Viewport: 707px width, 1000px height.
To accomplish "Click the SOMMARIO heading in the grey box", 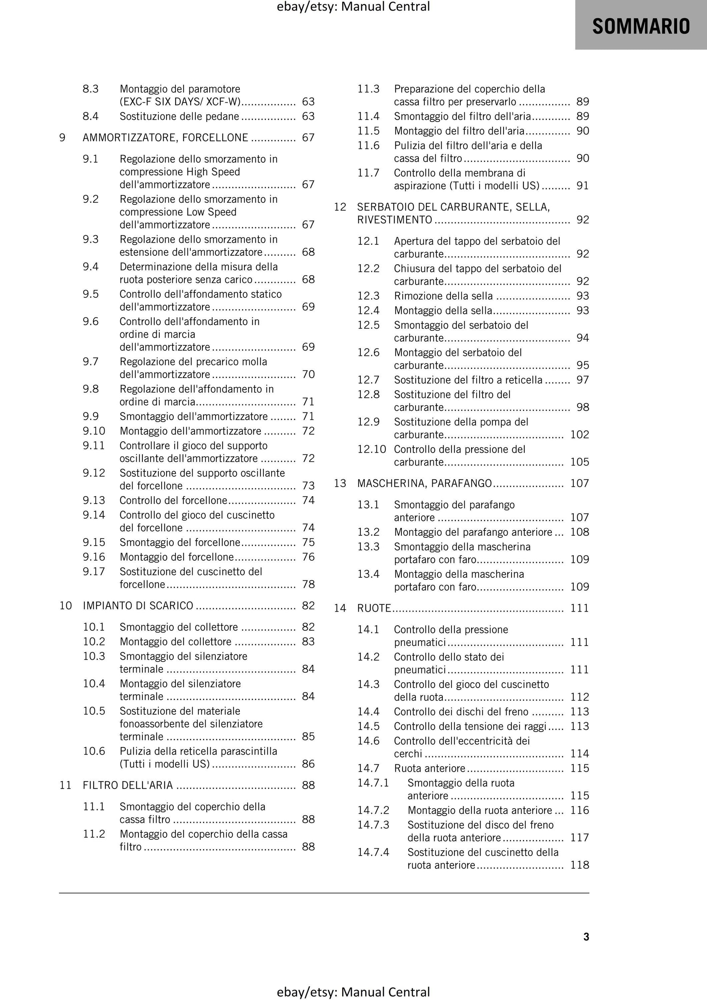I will (641, 26).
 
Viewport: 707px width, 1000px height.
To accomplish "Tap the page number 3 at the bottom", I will (586, 936).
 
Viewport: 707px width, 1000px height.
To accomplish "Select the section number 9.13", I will (94, 500).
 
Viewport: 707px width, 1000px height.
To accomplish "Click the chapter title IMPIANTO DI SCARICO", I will (138, 606).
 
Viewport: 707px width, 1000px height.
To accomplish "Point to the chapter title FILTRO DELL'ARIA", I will (128, 785).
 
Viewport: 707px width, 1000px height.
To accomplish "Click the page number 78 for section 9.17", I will (308, 585).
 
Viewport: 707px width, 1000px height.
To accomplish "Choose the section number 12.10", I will (371, 450).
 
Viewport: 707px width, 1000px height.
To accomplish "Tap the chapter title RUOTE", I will (374, 609).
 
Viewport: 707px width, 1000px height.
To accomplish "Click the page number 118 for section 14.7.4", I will (579, 865).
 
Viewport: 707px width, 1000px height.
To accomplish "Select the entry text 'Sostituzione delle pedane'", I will (179, 117).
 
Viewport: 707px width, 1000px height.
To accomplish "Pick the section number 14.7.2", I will (373, 810).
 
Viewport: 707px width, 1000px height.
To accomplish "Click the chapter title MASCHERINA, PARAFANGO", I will (424, 483).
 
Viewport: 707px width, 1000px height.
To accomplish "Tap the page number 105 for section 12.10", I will (579, 462).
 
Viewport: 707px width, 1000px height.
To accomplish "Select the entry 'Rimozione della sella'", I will (443, 296).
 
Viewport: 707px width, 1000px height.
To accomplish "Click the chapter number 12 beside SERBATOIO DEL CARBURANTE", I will (340, 207).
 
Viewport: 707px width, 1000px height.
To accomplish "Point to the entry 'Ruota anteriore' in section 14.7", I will (429, 768).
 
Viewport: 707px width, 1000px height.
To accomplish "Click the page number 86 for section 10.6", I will (308, 764).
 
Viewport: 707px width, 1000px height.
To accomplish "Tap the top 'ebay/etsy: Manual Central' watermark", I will (353, 7).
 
